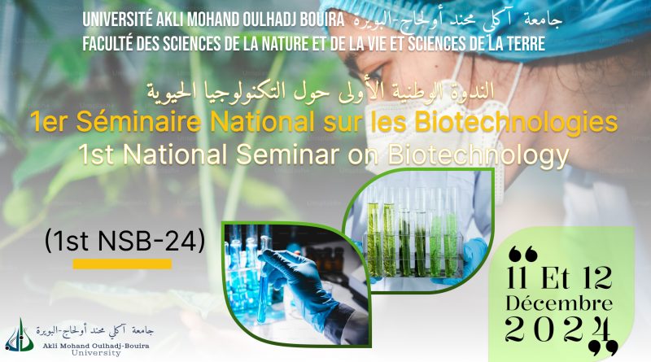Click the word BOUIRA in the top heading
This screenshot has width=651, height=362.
pyautogui.click(x=322, y=20)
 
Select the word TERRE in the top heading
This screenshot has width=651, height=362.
pyautogui.click(x=524, y=44)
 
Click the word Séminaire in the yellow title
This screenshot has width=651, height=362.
pyautogui.click(x=138, y=122)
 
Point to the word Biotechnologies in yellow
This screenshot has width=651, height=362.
pyautogui.click(x=516, y=124)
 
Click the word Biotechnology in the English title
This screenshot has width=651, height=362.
pyautogui.click(x=478, y=155)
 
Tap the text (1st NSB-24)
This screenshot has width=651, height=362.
pyautogui.click(x=125, y=241)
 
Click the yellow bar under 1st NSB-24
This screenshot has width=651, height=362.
pyautogui.click(x=123, y=264)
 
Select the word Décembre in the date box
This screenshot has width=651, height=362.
pyautogui.click(x=559, y=303)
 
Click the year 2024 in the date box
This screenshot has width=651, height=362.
pyautogui.click(x=559, y=329)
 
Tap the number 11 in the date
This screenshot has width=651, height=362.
pyautogui.click(x=517, y=278)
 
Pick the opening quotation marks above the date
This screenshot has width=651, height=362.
pyautogui.click(x=523, y=254)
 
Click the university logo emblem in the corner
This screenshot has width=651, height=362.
pyautogui.click(x=20, y=335)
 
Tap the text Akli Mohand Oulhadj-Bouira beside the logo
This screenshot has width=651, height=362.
pyautogui.click(x=95, y=346)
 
